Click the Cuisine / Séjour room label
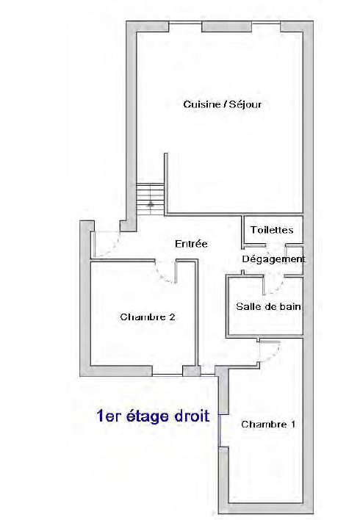(x=223, y=104)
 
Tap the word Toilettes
(x=272, y=230)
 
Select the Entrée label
(x=191, y=244)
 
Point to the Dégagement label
(x=273, y=259)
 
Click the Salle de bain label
(x=268, y=306)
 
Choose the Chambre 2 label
(x=148, y=317)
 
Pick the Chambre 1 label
(x=268, y=425)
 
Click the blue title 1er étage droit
(x=153, y=416)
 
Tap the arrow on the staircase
(x=151, y=204)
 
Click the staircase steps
(x=151, y=198)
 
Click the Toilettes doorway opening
(x=276, y=245)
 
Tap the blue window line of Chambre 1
(x=219, y=430)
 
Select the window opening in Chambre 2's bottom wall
(x=168, y=375)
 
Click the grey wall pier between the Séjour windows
(x=226, y=26)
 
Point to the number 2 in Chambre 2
(x=172, y=317)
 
